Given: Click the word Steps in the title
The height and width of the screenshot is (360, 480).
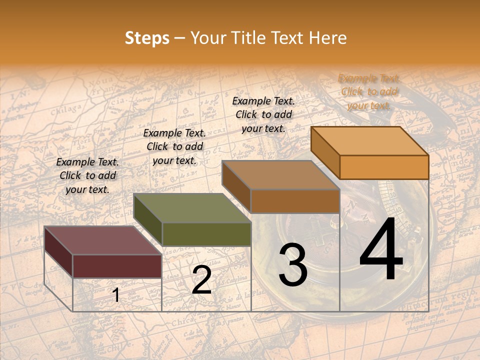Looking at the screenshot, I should [147, 38].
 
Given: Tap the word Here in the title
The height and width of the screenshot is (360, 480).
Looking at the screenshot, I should [327, 38].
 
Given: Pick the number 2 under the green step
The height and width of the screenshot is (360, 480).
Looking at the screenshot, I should [201, 280].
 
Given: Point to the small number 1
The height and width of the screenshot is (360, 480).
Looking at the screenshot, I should [115, 295].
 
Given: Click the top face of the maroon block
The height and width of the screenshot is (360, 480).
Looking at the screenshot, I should [102, 240].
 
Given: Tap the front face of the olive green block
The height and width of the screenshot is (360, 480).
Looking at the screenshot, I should [206, 234].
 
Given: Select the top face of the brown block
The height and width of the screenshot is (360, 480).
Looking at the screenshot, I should [280, 175].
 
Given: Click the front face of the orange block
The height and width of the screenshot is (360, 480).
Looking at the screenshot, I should [384, 167].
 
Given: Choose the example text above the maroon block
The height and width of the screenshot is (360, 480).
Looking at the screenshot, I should [87, 175].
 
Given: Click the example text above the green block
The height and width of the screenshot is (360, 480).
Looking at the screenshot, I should [174, 146].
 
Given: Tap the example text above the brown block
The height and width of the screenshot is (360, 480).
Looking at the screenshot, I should [263, 114].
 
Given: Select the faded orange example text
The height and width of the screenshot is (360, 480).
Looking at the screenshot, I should [369, 91].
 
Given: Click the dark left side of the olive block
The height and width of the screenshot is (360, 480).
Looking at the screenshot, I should [147, 220].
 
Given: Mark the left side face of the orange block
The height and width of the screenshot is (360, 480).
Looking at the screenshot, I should [325, 152].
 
